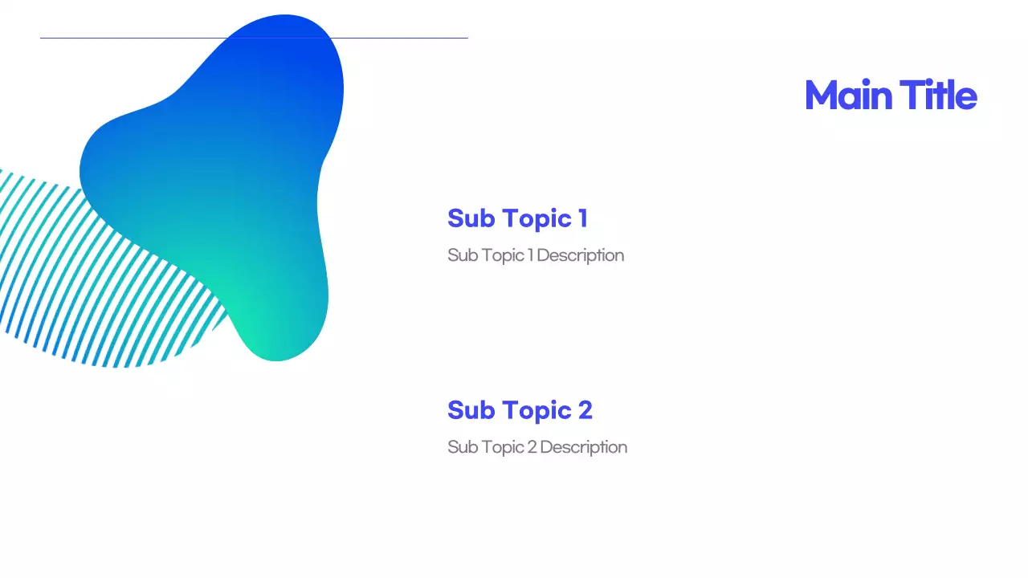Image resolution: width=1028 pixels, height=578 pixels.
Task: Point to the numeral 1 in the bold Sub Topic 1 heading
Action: pos(582,218)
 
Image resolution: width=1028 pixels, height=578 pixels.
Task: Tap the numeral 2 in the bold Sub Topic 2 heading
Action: pos(585,410)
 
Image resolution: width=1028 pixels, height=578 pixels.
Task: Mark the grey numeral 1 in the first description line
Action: pos(530,255)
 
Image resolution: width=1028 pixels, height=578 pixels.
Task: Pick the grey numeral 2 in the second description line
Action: pos(532,447)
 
